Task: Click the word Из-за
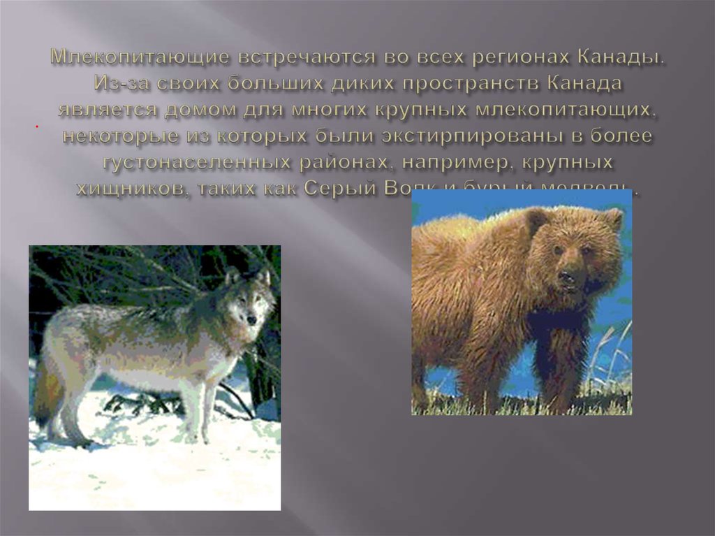point(118,85)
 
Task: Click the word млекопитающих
point(569,110)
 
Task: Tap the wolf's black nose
point(251,319)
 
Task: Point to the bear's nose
point(568,274)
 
